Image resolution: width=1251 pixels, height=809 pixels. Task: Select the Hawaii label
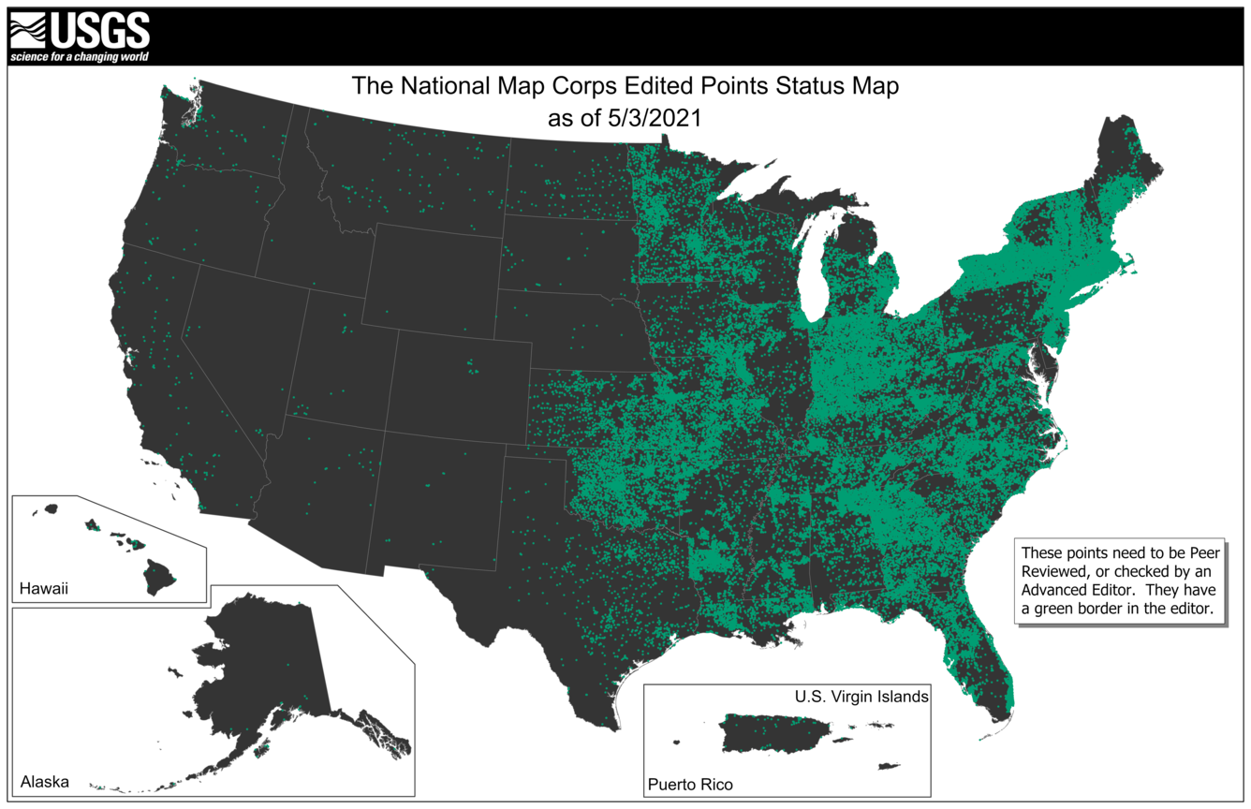tap(44, 589)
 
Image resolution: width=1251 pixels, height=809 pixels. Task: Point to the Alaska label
tap(44, 781)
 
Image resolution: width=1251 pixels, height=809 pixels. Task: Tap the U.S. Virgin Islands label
tap(861, 697)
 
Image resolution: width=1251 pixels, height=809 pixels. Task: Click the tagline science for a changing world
tap(79, 57)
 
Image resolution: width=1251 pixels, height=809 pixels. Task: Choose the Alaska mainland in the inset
tap(262, 665)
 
